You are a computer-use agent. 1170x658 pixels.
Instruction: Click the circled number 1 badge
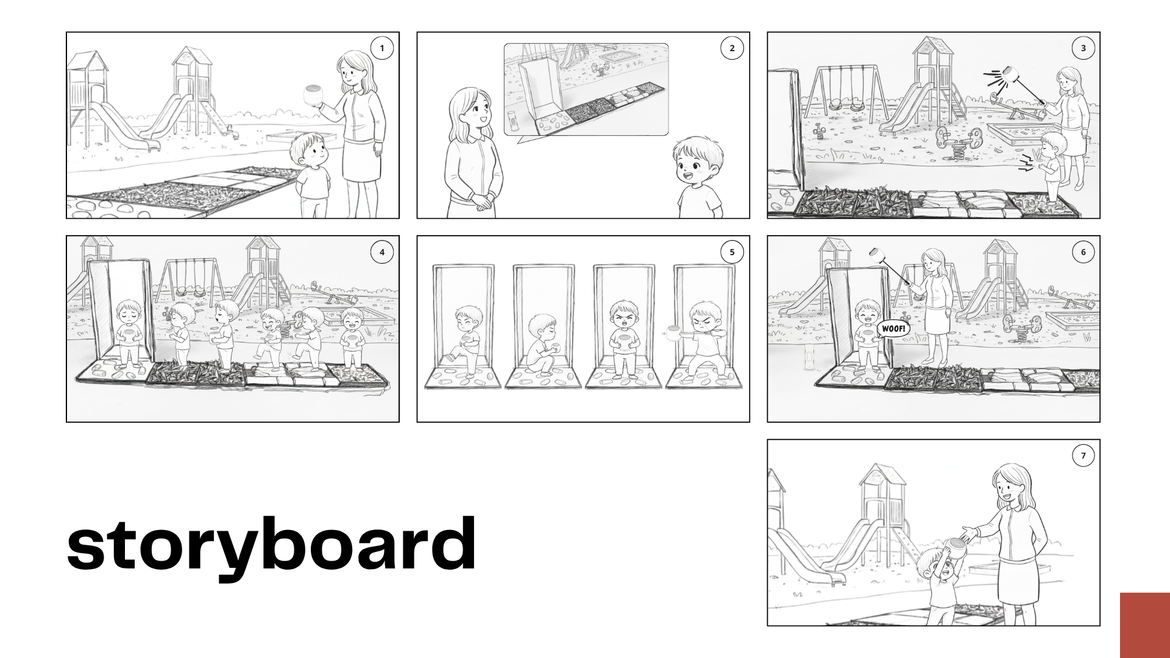tap(382, 48)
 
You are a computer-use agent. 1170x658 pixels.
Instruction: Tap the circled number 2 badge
tap(732, 48)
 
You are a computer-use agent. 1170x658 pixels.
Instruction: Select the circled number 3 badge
tap(1083, 48)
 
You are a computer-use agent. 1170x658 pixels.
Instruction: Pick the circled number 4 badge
tap(382, 252)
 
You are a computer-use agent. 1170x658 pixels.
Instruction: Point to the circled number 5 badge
tap(732, 252)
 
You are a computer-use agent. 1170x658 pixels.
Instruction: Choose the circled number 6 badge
tap(1083, 252)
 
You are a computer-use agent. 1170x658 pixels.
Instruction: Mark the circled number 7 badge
tap(1083, 455)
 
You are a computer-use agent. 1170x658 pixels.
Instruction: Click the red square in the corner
tap(1145, 625)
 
